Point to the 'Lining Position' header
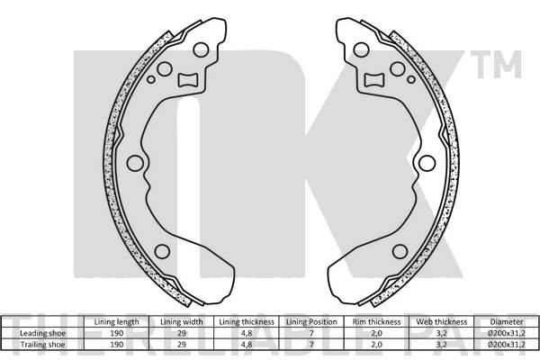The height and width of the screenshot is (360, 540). point(311,321)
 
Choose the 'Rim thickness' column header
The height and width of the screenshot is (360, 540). point(377,321)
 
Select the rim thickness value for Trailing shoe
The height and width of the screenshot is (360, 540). point(377,344)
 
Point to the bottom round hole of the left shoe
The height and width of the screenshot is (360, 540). point(162,251)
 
